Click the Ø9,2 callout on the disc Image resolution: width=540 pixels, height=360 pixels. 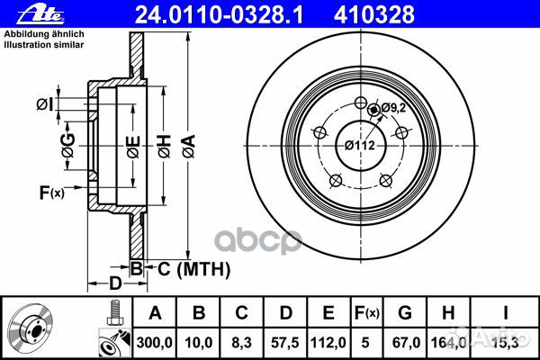[x=393, y=109]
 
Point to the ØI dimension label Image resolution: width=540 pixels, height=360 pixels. [x=44, y=105]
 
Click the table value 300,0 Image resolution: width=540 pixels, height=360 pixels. [x=155, y=342]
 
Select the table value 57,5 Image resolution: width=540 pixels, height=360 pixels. [x=283, y=342]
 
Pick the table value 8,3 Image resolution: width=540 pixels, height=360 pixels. [x=241, y=342]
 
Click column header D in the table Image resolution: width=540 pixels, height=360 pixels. [x=283, y=314]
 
